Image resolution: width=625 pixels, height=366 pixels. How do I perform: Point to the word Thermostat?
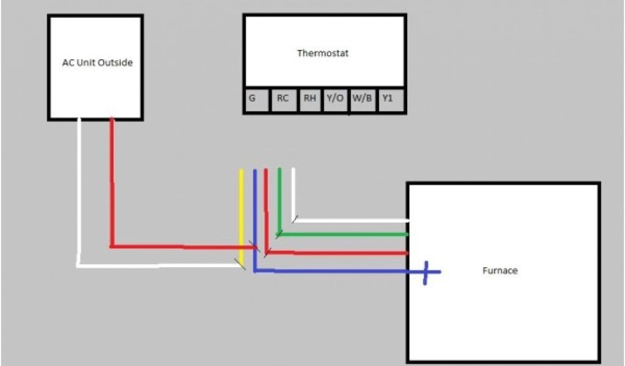(322, 53)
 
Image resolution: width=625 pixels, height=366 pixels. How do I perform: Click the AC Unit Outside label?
(97, 62)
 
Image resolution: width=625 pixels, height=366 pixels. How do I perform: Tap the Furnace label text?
(499, 270)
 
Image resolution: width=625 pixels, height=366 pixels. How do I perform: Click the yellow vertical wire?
(242, 213)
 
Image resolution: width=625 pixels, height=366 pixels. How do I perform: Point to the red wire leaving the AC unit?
(112, 183)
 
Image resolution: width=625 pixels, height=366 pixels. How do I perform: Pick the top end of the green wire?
(279, 169)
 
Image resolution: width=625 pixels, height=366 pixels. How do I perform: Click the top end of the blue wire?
(255, 171)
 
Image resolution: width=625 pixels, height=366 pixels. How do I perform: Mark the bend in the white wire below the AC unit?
(79, 265)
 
